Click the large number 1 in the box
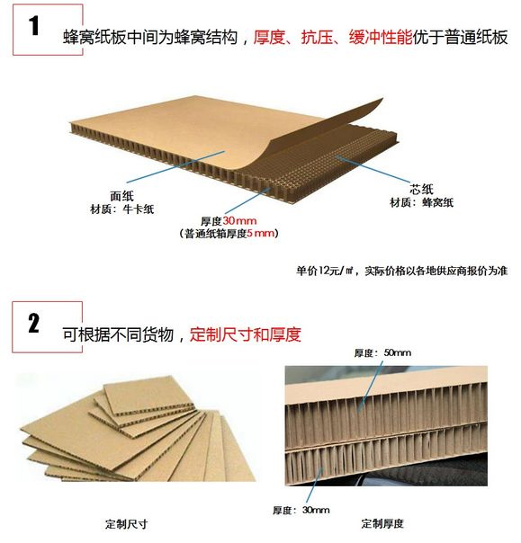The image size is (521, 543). click(x=34, y=26)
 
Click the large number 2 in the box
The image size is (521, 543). click(x=33, y=323)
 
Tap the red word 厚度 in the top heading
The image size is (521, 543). click(x=269, y=37)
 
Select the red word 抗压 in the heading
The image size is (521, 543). click(x=317, y=37)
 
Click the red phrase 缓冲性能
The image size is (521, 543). click(x=381, y=37)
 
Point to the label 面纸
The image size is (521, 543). click(x=121, y=196)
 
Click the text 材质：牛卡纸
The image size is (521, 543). click(x=121, y=209)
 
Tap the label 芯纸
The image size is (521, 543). click(x=421, y=189)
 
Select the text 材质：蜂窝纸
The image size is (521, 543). click(x=421, y=202)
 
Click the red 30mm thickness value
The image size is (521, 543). click(x=239, y=221)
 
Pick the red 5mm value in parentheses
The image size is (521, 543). click(x=260, y=234)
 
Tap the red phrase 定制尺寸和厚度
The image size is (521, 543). click(x=245, y=334)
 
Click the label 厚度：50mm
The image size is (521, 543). click(x=382, y=353)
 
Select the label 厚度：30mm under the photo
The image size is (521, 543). click(x=301, y=510)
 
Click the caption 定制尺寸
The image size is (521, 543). click(x=127, y=524)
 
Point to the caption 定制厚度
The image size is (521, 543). click(x=382, y=523)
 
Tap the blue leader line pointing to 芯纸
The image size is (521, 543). click(x=373, y=170)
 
